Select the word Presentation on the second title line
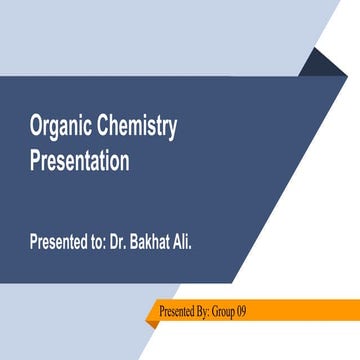coord(79,161)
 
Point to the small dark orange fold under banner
coord(149,325)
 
